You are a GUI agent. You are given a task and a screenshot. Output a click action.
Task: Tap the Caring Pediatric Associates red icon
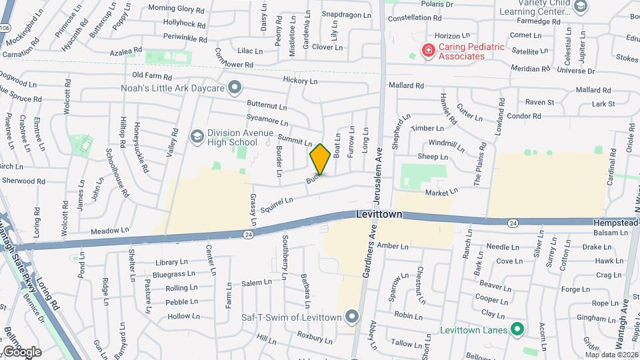click(x=428, y=50)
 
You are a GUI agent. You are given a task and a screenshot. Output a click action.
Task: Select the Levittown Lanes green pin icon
click(x=516, y=329)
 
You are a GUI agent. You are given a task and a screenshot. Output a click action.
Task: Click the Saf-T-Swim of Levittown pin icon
click(x=353, y=316)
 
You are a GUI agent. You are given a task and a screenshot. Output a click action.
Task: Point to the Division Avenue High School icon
click(x=197, y=136)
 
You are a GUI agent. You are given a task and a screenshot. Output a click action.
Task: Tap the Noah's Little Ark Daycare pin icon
click(x=234, y=87)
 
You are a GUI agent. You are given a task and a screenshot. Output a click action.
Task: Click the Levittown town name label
click(x=379, y=215)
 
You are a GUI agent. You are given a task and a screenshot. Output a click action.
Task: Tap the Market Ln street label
click(x=441, y=192)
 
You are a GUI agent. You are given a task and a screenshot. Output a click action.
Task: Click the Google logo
click(x=22, y=351)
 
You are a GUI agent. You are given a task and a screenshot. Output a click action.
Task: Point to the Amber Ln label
click(x=392, y=246)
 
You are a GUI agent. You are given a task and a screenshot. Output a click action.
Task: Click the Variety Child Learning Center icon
click(x=581, y=7)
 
